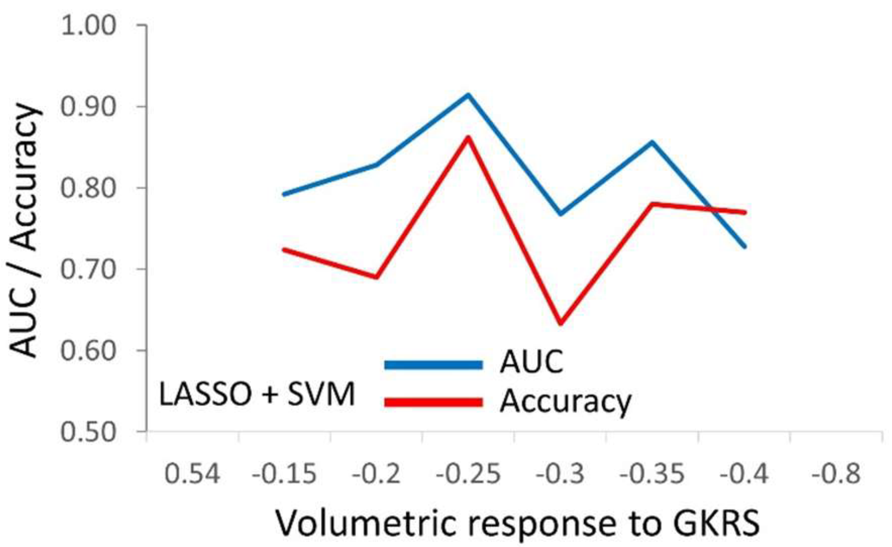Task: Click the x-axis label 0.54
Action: [x=192, y=474]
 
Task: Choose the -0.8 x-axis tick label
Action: [x=836, y=474]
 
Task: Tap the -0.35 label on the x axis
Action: [x=652, y=474]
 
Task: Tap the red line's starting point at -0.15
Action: [x=284, y=249]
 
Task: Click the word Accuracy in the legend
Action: [x=565, y=402]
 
